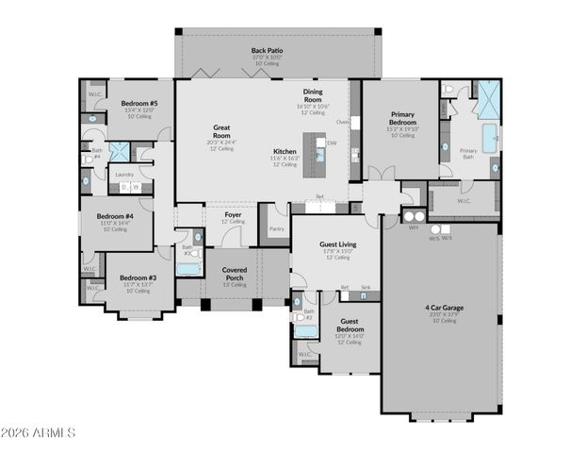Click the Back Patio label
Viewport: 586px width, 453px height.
click(x=267, y=50)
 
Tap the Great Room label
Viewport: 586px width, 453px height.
click(x=222, y=127)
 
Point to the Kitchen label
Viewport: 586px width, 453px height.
click(x=285, y=151)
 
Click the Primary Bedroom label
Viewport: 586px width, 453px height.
click(x=402, y=118)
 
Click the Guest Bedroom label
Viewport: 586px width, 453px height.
click(x=348, y=325)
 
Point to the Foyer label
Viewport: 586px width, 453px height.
click(x=233, y=215)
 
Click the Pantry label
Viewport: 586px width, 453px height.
click(x=276, y=228)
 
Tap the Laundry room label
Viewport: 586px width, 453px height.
click(x=123, y=174)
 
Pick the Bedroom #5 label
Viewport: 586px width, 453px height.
click(x=139, y=103)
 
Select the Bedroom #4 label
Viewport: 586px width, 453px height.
click(x=115, y=216)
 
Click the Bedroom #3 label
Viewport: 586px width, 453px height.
click(x=138, y=278)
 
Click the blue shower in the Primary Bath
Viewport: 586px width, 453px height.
click(x=489, y=99)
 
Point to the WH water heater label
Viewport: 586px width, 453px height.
click(x=413, y=226)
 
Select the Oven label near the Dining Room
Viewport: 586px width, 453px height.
click(x=342, y=122)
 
